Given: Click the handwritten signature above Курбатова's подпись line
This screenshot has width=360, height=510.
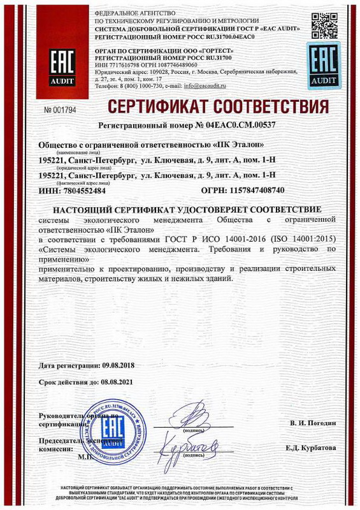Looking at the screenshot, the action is tap(190, 443).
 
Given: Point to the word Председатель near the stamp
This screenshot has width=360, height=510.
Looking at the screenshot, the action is tap(62, 439).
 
